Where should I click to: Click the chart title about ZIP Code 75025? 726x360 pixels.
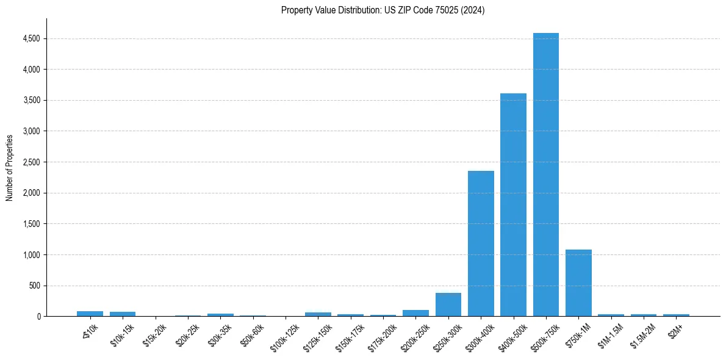click(x=383, y=10)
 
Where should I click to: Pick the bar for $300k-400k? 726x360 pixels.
click(x=481, y=243)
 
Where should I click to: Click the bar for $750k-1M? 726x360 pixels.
click(x=578, y=283)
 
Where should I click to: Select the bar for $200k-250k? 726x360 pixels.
click(x=415, y=313)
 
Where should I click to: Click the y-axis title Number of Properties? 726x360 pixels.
click(x=10, y=168)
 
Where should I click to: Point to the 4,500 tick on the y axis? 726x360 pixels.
click(x=31, y=39)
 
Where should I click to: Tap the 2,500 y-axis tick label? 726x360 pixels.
click(x=31, y=162)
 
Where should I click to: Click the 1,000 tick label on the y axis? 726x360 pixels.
click(x=31, y=255)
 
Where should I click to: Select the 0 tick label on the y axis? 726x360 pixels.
click(x=38, y=317)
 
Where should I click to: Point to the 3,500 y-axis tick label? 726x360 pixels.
click(x=31, y=101)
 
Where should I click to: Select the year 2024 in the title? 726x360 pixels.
click(x=473, y=10)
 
